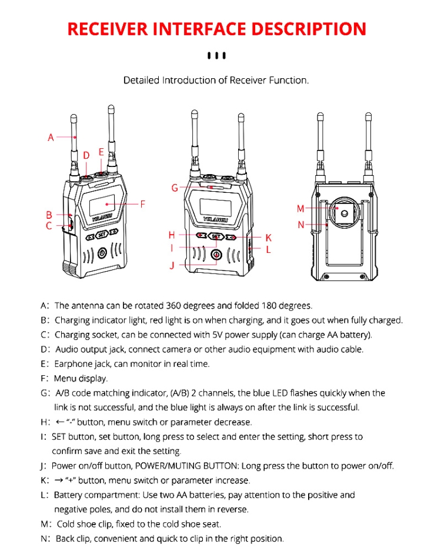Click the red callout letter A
point(51,138)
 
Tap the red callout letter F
point(142,204)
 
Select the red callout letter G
point(175,188)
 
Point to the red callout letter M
point(300,209)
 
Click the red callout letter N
point(300,225)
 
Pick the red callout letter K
point(268,238)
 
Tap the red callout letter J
point(172,265)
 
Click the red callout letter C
point(49,226)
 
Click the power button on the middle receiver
point(217,255)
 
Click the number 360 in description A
point(175,306)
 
